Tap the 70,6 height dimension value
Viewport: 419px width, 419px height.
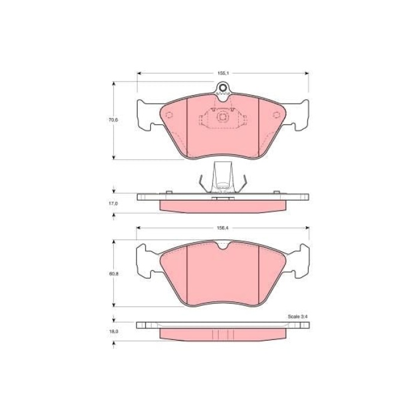[113, 120]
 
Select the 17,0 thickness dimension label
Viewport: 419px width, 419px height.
[113, 204]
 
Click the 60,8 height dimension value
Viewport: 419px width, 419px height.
[113, 274]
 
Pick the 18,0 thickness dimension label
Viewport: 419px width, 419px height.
[113, 332]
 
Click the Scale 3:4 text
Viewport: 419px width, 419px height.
[298, 317]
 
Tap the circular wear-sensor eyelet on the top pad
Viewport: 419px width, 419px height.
[223, 87]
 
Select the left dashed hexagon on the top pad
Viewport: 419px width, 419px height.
[169, 115]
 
